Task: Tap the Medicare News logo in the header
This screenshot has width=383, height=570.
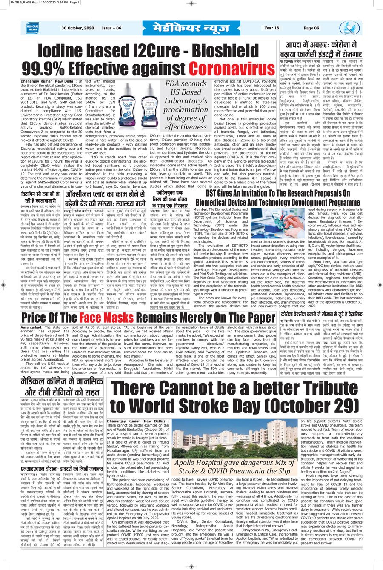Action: click(x=33, y=28)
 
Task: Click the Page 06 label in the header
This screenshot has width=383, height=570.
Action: click(x=311, y=28)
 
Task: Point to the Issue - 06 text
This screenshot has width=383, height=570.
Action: click(x=111, y=28)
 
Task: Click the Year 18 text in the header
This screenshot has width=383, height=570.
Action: click(x=272, y=28)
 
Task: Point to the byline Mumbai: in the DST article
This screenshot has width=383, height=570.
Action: click(x=200, y=209)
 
